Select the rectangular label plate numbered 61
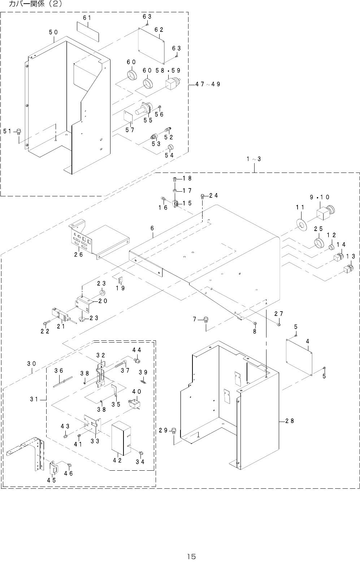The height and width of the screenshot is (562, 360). pos(88,29)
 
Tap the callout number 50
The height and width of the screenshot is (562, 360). pos(53,32)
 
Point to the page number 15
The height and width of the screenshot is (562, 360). pos(191,556)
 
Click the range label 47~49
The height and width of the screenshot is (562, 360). pos(208,84)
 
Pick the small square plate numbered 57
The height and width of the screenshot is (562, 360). pos(129,116)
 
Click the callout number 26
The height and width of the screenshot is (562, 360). pos(79,254)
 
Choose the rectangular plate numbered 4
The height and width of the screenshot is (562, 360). pos(299,357)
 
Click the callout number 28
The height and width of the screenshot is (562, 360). pos(289,421)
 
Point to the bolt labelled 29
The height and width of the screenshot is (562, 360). pos(174,430)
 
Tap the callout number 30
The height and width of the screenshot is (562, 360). pos(31,364)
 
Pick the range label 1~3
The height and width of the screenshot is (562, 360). pos(254,159)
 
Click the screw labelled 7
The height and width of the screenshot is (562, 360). pos(206,319)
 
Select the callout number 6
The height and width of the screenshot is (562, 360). pos(152,228)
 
